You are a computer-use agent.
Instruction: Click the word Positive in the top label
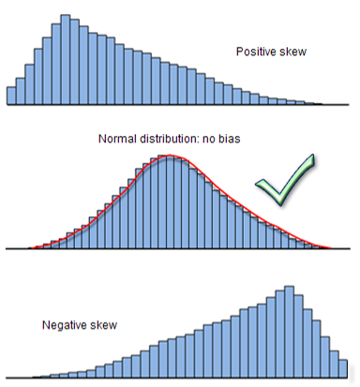[x=255, y=52]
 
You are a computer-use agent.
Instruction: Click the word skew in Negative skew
[x=102, y=325]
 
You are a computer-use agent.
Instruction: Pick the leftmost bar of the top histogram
[x=11, y=96]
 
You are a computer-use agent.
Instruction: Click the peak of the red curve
[x=167, y=156]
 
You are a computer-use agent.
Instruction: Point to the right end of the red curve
[x=331, y=248]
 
